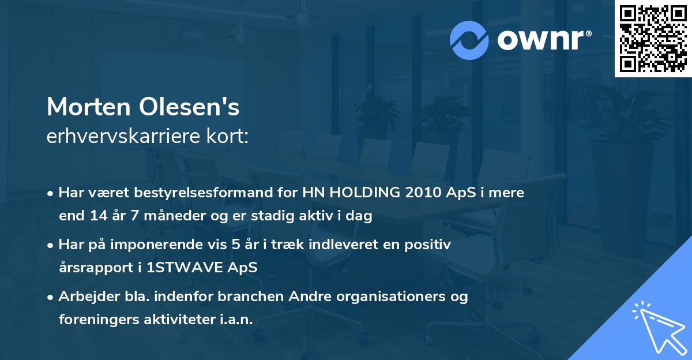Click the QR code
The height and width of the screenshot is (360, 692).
[653, 38]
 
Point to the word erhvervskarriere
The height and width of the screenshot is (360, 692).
[122, 137]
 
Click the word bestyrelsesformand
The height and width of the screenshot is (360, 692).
[203, 193]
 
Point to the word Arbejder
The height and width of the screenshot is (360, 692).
[84, 297]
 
